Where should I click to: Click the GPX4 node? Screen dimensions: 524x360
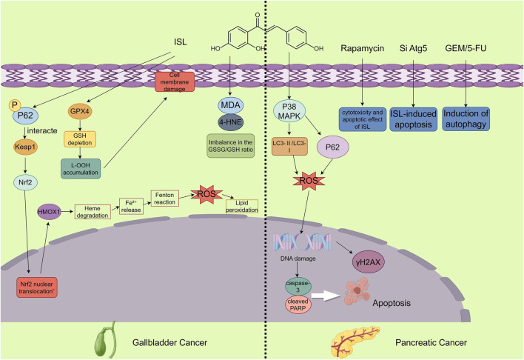(80, 111)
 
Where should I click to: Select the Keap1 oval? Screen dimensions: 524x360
(25, 147)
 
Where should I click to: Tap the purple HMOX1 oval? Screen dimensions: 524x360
(49, 211)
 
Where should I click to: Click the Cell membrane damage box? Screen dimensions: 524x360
(175, 82)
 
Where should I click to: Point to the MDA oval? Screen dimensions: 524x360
(231, 105)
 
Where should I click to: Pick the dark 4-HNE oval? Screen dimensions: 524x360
(231, 122)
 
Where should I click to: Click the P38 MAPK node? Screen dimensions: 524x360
(289, 111)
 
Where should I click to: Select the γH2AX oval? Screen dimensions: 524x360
(369, 262)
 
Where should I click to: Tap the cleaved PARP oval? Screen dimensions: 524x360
(298, 304)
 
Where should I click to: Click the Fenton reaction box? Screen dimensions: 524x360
(165, 199)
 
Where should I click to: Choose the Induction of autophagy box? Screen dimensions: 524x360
(466, 119)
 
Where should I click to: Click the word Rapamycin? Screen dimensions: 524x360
(362, 48)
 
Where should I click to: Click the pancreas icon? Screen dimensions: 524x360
(355, 342)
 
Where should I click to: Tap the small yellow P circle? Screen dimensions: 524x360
(14, 105)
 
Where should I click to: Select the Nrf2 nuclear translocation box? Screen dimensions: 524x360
(37, 287)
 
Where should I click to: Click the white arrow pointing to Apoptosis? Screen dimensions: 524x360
(325, 296)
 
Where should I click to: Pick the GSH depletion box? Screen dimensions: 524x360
(80, 139)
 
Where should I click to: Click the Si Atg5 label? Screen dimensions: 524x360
(414, 48)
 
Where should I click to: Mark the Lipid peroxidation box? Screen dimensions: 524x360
(242, 207)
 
